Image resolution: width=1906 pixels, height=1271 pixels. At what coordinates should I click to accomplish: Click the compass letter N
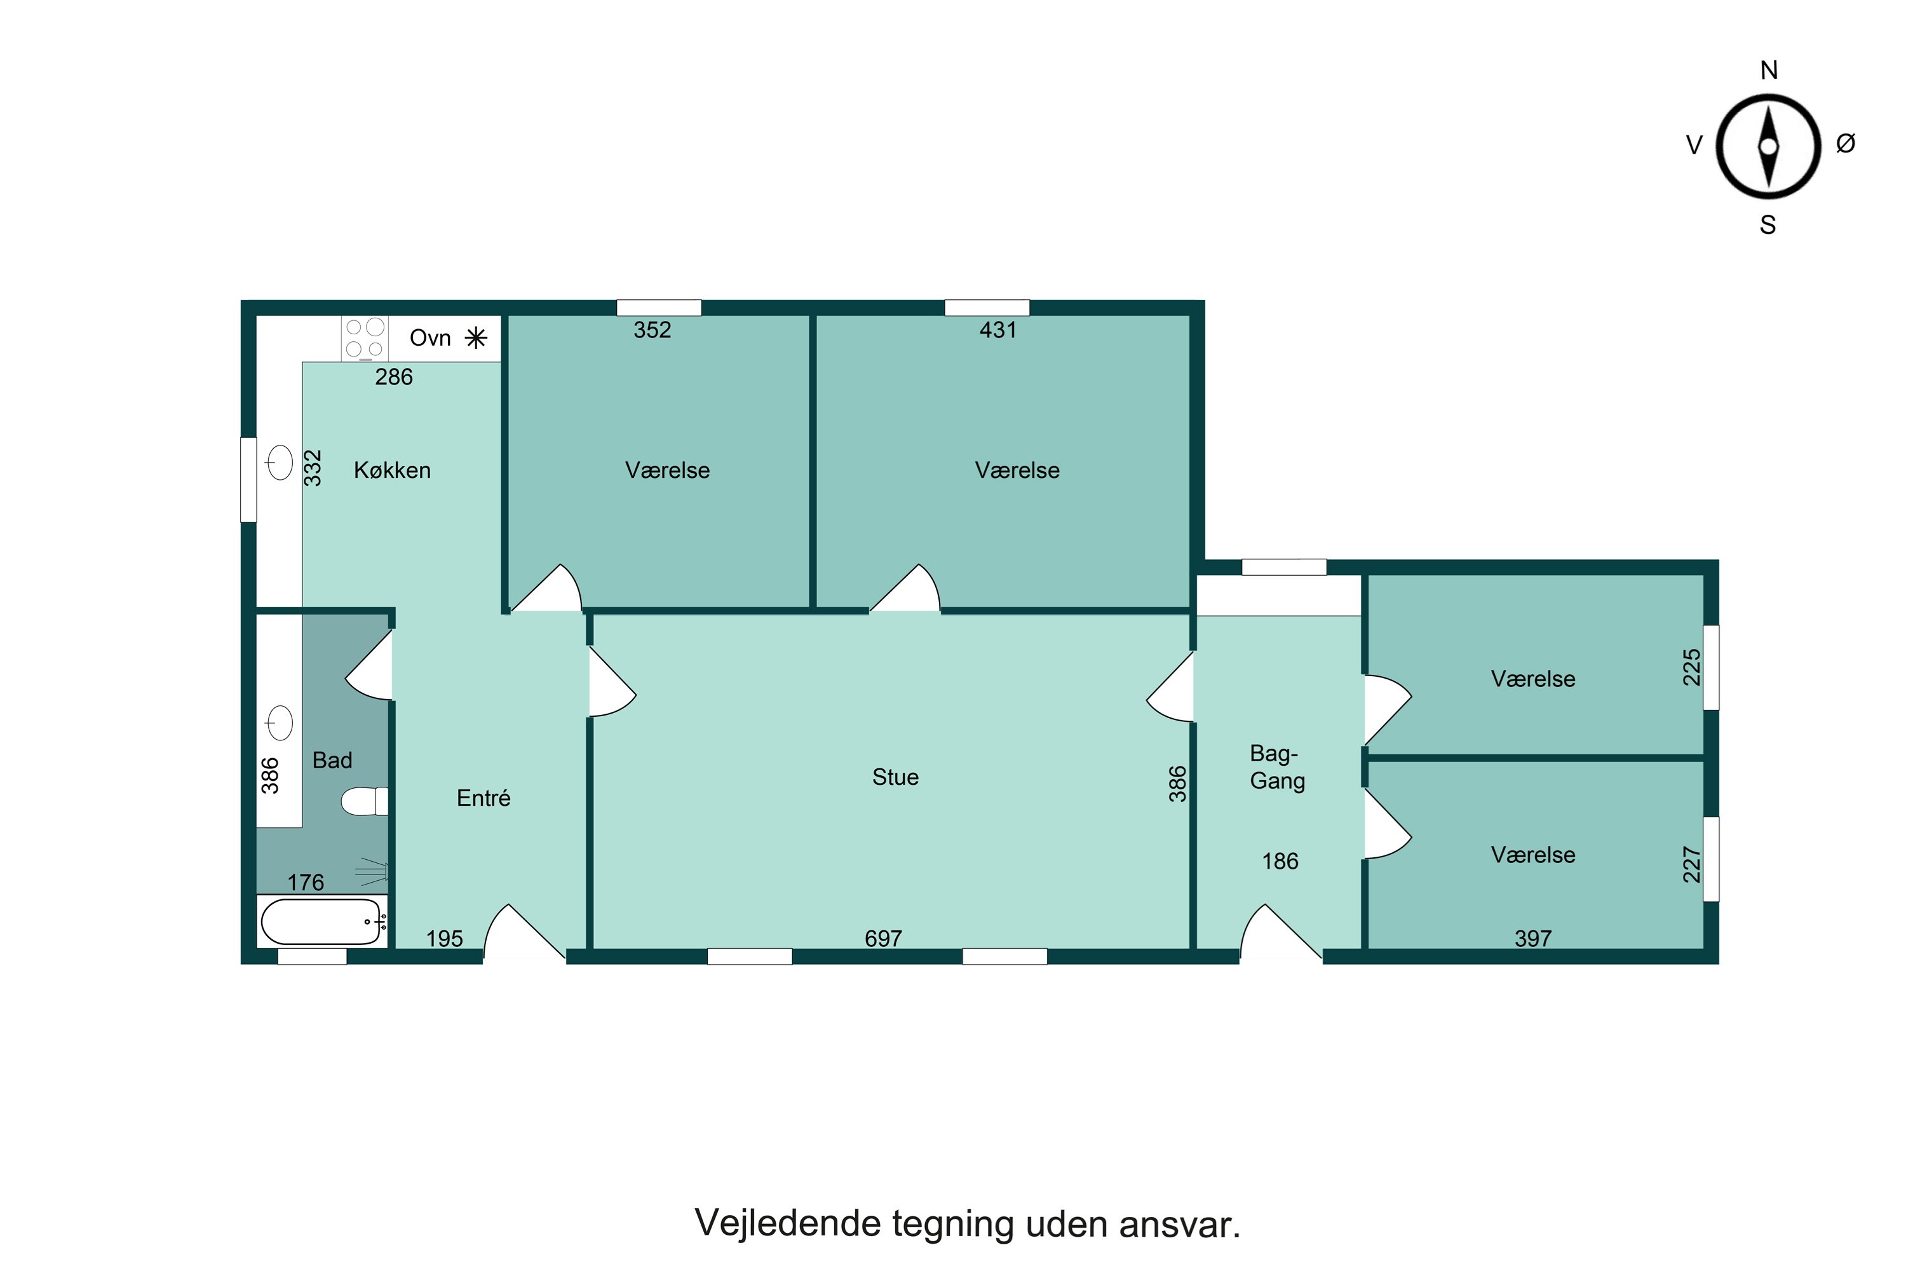pyautogui.click(x=1768, y=71)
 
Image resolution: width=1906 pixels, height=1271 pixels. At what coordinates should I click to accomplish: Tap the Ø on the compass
pyautogui.click(x=1845, y=144)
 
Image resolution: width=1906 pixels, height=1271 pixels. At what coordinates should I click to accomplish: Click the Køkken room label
pyautogui.click(x=392, y=470)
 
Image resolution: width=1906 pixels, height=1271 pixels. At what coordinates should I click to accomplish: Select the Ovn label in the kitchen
pyautogui.click(x=429, y=338)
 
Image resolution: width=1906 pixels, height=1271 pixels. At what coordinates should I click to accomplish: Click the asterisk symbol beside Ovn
pyautogui.click(x=476, y=338)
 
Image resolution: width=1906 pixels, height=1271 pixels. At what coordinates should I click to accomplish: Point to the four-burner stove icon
pyautogui.click(x=365, y=338)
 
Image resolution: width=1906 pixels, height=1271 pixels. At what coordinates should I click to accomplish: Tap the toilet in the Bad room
pyautogui.click(x=365, y=801)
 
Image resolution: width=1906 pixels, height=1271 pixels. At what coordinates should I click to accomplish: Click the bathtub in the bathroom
pyautogui.click(x=321, y=921)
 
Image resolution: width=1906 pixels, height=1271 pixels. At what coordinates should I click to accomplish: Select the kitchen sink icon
pyautogui.click(x=280, y=463)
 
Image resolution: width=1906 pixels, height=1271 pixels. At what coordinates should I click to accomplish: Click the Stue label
pyautogui.click(x=895, y=777)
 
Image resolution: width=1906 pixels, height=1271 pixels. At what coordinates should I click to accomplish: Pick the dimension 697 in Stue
pyautogui.click(x=882, y=939)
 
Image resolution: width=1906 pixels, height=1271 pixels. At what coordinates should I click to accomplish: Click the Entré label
pyautogui.click(x=483, y=798)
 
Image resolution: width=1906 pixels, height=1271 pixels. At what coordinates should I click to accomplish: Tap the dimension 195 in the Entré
pyautogui.click(x=444, y=939)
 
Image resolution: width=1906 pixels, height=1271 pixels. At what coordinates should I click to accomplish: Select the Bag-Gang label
pyautogui.click(x=1277, y=767)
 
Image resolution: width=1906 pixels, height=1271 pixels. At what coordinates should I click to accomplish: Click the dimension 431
pyautogui.click(x=997, y=330)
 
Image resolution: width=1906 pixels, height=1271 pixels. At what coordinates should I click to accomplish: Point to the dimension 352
pyautogui.click(x=652, y=330)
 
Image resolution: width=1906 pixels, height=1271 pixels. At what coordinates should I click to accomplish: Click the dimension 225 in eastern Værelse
pyautogui.click(x=1691, y=667)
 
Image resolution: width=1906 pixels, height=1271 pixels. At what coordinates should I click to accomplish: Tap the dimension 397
pyautogui.click(x=1532, y=939)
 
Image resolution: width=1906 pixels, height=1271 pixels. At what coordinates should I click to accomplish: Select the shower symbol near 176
pyautogui.click(x=374, y=871)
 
